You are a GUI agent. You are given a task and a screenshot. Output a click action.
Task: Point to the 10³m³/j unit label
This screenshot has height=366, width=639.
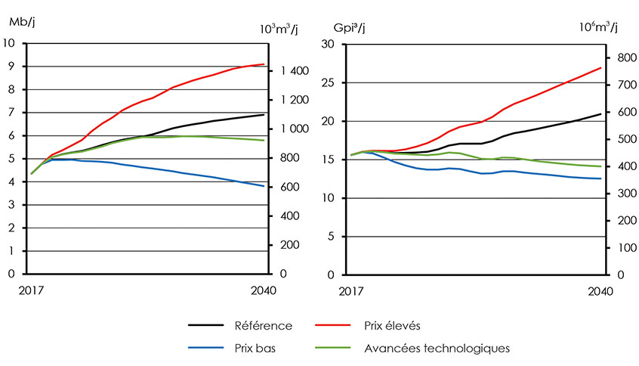point(278,29)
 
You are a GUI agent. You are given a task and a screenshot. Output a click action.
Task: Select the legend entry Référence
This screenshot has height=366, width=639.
point(264,325)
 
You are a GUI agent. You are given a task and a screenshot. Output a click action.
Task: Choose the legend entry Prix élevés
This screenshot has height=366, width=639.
point(393,325)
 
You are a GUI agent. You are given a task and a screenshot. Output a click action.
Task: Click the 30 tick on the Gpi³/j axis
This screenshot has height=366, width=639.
point(329,44)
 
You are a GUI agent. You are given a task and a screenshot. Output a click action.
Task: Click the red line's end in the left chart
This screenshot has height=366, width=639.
point(264,64)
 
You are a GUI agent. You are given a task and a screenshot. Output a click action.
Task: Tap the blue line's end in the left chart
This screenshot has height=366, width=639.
point(264,186)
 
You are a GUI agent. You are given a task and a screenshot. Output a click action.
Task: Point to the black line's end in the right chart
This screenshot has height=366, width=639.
point(600,114)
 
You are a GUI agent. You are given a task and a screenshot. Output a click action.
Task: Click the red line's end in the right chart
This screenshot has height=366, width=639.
point(600,68)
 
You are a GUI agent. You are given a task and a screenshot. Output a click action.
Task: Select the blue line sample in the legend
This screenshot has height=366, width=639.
point(206,348)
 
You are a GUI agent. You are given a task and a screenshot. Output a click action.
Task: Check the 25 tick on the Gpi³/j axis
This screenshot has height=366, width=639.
point(329,82)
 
